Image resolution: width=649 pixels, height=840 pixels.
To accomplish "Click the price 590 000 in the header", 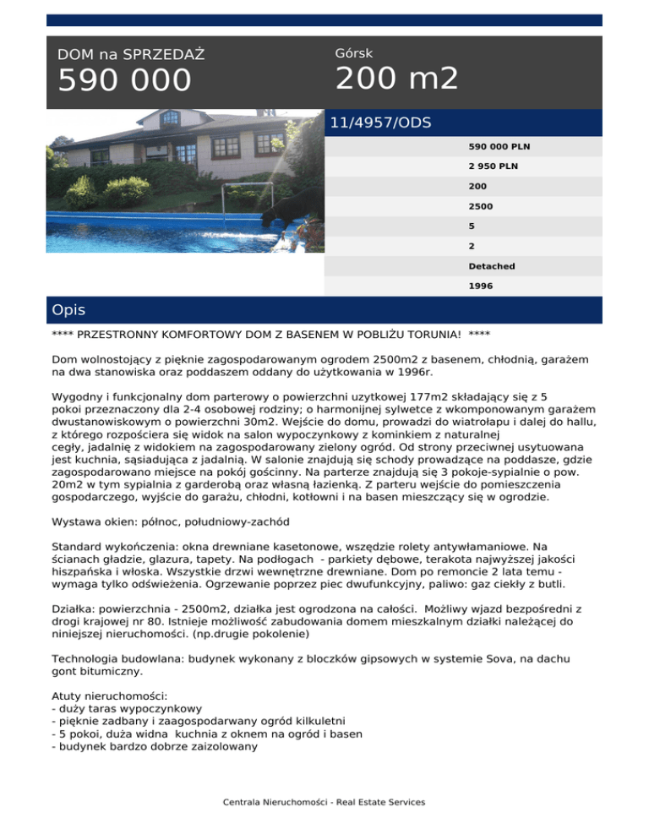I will click(x=125, y=81).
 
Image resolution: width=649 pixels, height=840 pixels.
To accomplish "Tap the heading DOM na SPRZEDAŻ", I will click(x=131, y=55).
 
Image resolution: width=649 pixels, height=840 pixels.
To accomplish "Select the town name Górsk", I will click(x=354, y=53).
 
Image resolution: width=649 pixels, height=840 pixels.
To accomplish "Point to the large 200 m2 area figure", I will click(x=397, y=79).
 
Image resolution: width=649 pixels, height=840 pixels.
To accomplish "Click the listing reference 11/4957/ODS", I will click(x=380, y=123).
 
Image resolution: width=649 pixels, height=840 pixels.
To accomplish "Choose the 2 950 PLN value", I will click(x=494, y=166).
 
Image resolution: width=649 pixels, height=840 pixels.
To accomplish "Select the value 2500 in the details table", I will click(x=481, y=205).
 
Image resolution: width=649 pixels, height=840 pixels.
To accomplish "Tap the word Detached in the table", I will click(x=492, y=266).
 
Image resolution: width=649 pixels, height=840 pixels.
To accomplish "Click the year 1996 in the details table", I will click(x=481, y=286).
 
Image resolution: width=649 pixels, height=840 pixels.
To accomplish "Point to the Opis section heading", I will click(x=68, y=310).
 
